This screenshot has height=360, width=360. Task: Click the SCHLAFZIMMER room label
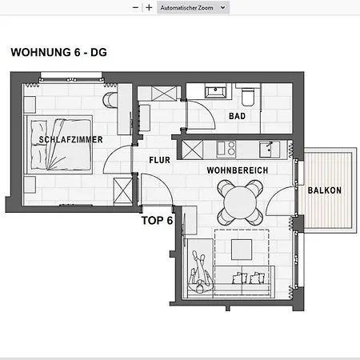(x=71, y=139)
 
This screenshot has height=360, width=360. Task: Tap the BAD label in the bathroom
(x=237, y=116)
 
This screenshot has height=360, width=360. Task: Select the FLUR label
(x=159, y=160)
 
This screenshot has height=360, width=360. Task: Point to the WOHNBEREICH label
(x=238, y=170)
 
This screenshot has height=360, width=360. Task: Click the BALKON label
(x=325, y=190)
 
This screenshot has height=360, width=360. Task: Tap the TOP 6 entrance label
(x=157, y=221)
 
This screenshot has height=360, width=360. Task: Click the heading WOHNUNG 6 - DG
(x=58, y=52)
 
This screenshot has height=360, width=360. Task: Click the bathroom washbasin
(x=215, y=92)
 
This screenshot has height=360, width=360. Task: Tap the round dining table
(x=240, y=202)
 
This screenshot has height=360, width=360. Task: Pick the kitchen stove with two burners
(x=226, y=149)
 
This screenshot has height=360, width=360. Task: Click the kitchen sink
(x=270, y=149)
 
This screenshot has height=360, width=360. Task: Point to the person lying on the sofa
(x=199, y=271)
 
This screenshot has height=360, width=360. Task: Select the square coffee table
(x=242, y=250)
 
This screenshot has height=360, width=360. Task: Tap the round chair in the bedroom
(x=110, y=100)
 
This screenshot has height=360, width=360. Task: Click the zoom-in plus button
(x=149, y=7)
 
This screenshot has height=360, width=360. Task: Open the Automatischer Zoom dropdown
(x=193, y=8)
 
